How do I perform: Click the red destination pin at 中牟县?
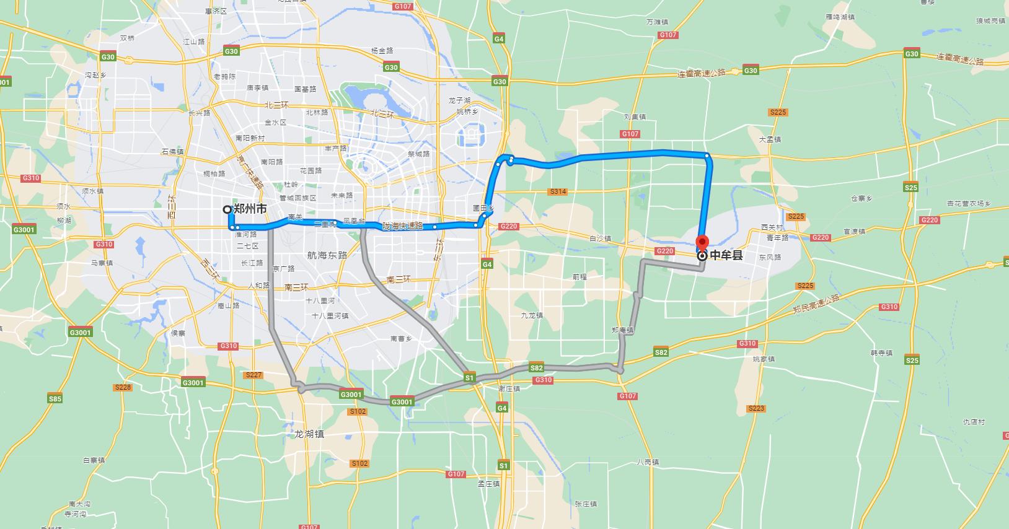[x=702, y=242]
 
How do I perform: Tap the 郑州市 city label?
[x=250, y=209]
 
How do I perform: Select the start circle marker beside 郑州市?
[x=227, y=209]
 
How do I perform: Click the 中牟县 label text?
[x=726, y=255]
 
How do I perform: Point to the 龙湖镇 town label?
[x=309, y=434]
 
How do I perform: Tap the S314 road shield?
[x=558, y=192]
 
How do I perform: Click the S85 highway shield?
[x=55, y=399]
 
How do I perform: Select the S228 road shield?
[x=123, y=387]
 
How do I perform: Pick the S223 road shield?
[x=756, y=408]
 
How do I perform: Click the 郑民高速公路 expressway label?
[x=816, y=304]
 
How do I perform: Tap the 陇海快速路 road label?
[x=402, y=226]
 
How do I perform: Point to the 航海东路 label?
[x=327, y=255]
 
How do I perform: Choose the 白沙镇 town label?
[x=600, y=238]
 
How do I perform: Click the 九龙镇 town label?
[x=532, y=315]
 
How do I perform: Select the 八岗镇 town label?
[x=648, y=462]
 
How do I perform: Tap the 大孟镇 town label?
[x=770, y=139]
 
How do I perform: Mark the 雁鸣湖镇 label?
[x=840, y=17]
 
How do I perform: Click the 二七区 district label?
[x=247, y=246]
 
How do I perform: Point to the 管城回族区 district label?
[x=297, y=198]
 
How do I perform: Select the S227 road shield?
[x=253, y=375]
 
